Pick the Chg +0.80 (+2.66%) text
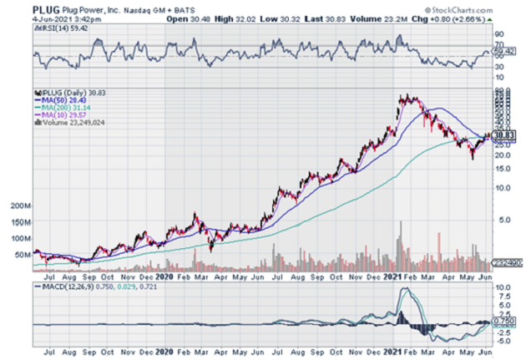(x=468, y=17)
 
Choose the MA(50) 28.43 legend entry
(x=57, y=104)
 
